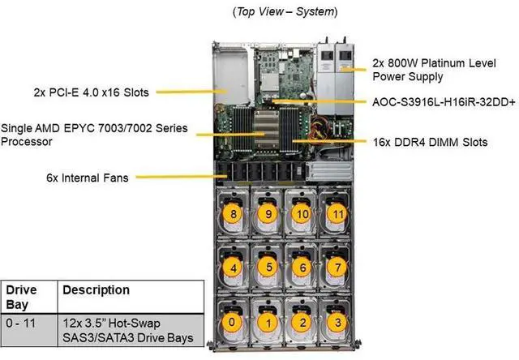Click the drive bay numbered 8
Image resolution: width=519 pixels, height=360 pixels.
(233, 214)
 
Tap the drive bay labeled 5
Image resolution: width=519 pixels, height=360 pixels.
(265, 265)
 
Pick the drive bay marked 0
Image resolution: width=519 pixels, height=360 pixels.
(234, 321)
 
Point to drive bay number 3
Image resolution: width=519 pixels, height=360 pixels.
(333, 321)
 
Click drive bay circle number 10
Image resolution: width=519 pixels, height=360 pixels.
(300, 214)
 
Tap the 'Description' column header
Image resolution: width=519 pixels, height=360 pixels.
(96, 289)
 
